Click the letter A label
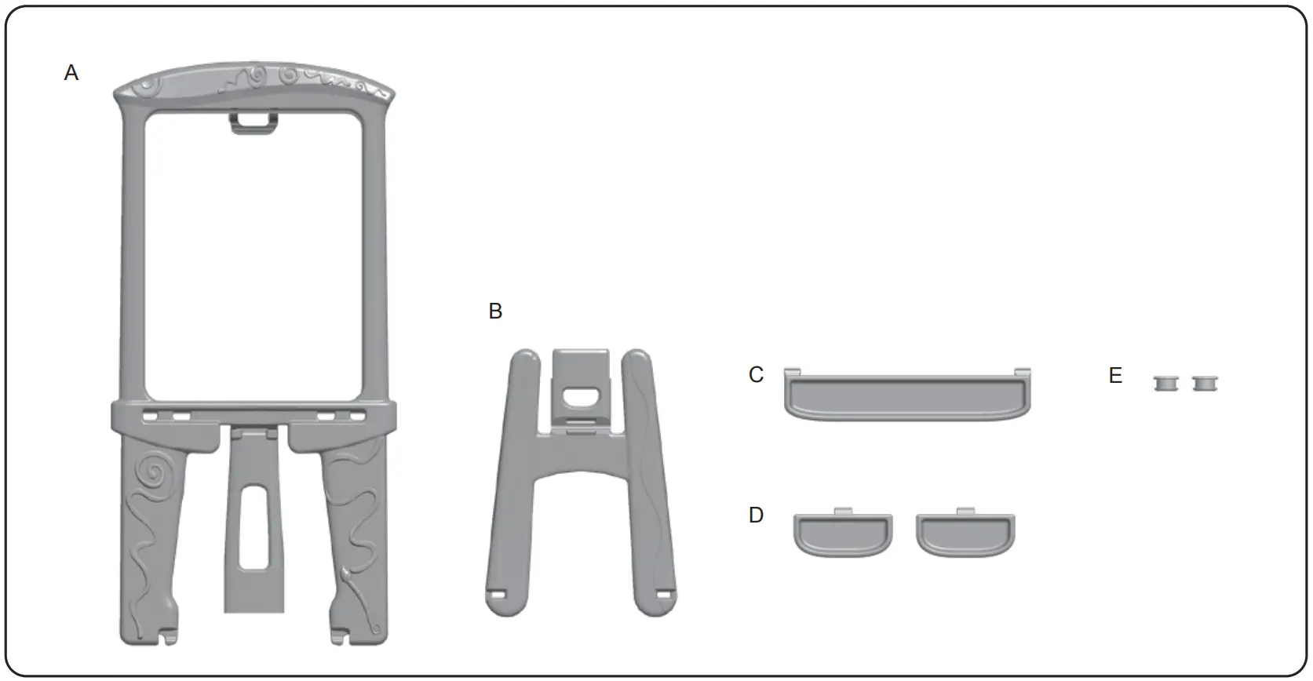pyautogui.click(x=71, y=73)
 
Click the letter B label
pyautogui.click(x=495, y=311)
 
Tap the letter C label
pyautogui.click(x=756, y=375)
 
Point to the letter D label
pyautogui.click(x=756, y=515)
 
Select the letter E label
pyautogui.click(x=1115, y=376)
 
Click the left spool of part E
pyautogui.click(x=1166, y=384)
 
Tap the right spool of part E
pyautogui.click(x=1204, y=384)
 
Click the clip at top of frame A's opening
pyautogui.click(x=254, y=122)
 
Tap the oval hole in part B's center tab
pyautogui.click(x=581, y=399)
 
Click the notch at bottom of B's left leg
pyautogui.click(x=496, y=595)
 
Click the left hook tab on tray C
pyautogui.click(x=793, y=370)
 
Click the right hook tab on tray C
pyautogui.click(x=1022, y=370)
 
